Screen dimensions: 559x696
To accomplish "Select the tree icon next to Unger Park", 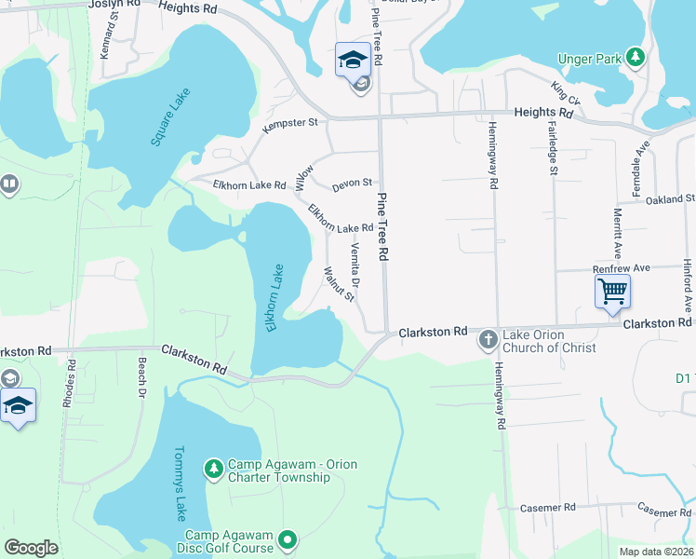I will (636, 59).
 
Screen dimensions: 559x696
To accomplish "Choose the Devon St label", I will (353, 184).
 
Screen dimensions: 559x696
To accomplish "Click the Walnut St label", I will (338, 284).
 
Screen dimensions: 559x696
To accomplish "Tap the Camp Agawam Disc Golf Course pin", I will (288, 539).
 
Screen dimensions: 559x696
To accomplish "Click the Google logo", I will (31, 548).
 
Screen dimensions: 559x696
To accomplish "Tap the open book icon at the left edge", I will (8, 186).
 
